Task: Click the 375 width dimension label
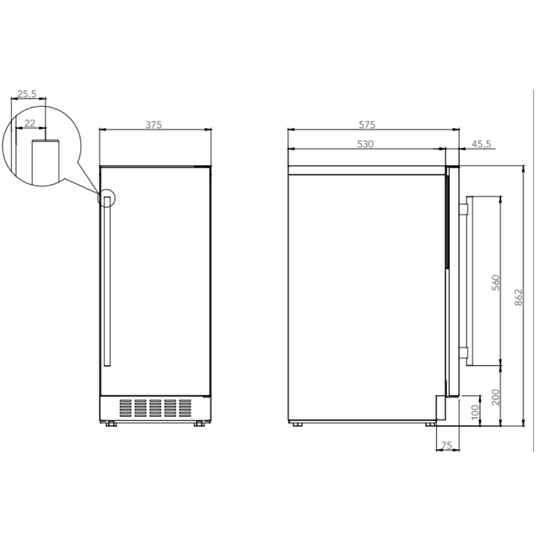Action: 154,124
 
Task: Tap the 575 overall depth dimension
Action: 367,124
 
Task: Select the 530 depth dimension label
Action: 365,144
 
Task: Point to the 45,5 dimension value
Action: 481,144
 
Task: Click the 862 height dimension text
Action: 518,297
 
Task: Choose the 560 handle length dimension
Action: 496,283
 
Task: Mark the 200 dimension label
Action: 496,397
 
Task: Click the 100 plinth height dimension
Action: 475,412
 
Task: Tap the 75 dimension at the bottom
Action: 446,445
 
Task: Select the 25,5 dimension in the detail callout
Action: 27,94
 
